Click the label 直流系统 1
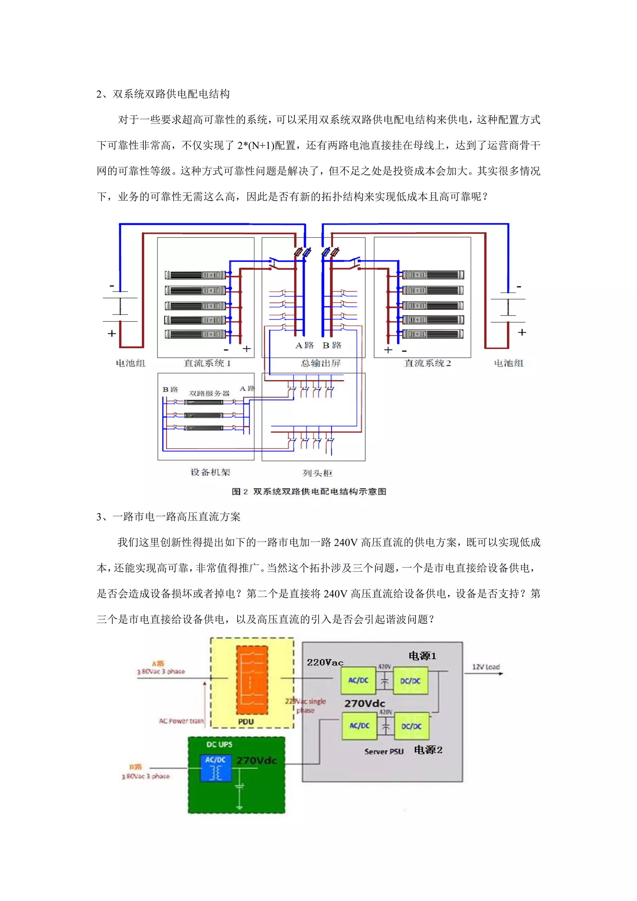tap(207, 363)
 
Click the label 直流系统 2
tap(427, 363)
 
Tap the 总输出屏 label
tap(320, 363)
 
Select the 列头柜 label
tap(317, 473)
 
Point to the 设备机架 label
tap(210, 472)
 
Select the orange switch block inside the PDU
tap(252, 680)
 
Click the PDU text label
tap(246, 722)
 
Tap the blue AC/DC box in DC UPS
tap(216, 768)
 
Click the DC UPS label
tap(219, 744)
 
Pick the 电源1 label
tap(422, 656)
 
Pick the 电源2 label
tap(428, 750)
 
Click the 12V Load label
tap(486, 667)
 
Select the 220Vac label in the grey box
tap(325, 663)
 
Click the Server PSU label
tap(384, 751)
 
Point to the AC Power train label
tap(181, 721)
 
